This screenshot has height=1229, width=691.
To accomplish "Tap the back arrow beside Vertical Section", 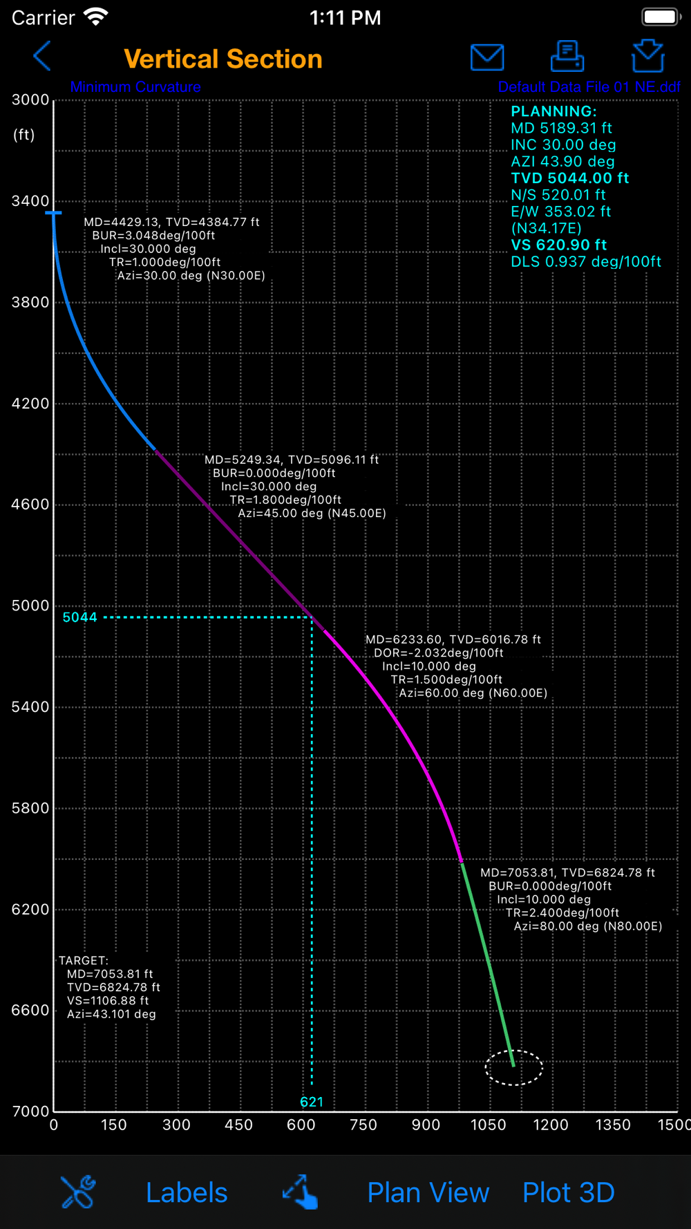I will tap(42, 57).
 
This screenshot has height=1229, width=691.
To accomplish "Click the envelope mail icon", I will tap(487, 57).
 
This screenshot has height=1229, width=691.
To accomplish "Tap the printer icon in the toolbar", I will tap(567, 57).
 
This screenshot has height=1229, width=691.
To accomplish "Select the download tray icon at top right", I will tap(647, 57).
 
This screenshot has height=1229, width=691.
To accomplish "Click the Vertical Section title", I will tap(223, 59).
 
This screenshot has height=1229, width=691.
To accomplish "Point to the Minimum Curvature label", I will tap(135, 88).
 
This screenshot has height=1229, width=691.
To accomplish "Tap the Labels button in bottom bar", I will tap(187, 1192).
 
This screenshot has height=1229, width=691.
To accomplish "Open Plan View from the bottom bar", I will tap(428, 1192).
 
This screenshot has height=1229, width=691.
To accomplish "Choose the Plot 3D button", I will tap(568, 1192).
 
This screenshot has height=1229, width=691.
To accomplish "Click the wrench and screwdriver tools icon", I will tap(78, 1192).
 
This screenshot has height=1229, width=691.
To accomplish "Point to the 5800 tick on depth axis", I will tap(30, 808).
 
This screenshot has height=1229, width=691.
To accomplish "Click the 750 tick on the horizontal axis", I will tap(363, 1125).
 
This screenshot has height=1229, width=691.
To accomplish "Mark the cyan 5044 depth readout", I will tap(80, 617).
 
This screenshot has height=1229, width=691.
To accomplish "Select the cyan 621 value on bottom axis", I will tap(312, 1102).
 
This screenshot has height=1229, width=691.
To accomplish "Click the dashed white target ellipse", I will tap(514, 1067).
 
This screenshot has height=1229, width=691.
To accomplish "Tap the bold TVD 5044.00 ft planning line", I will tap(569, 178).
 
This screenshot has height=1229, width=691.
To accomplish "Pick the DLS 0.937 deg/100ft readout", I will tap(585, 262).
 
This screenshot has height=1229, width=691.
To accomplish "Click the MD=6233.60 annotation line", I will tap(453, 640).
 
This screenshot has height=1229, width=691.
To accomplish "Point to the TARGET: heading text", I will tap(84, 961).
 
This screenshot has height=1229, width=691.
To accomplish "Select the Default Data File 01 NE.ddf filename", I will tap(589, 88).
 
